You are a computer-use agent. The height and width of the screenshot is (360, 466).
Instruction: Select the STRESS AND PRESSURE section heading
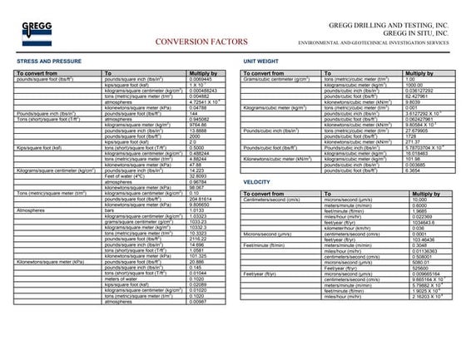[x=50, y=62]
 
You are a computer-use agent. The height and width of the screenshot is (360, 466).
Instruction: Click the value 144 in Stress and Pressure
[x=197, y=112]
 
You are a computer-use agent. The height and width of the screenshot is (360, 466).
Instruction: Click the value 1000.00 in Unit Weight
[x=415, y=85]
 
